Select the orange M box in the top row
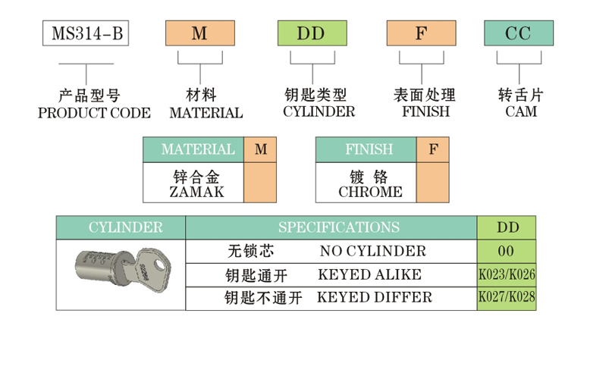[x=200, y=33]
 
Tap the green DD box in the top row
[x=312, y=33]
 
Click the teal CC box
[x=519, y=33]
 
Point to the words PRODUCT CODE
[x=94, y=113]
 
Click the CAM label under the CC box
[x=520, y=112]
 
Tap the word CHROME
[x=370, y=193]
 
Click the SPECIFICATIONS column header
[x=338, y=227]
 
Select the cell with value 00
[x=506, y=251]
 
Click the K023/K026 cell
[x=506, y=274]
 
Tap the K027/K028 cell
[x=506, y=298]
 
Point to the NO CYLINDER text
[x=372, y=251]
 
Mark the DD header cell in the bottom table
[x=506, y=227]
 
